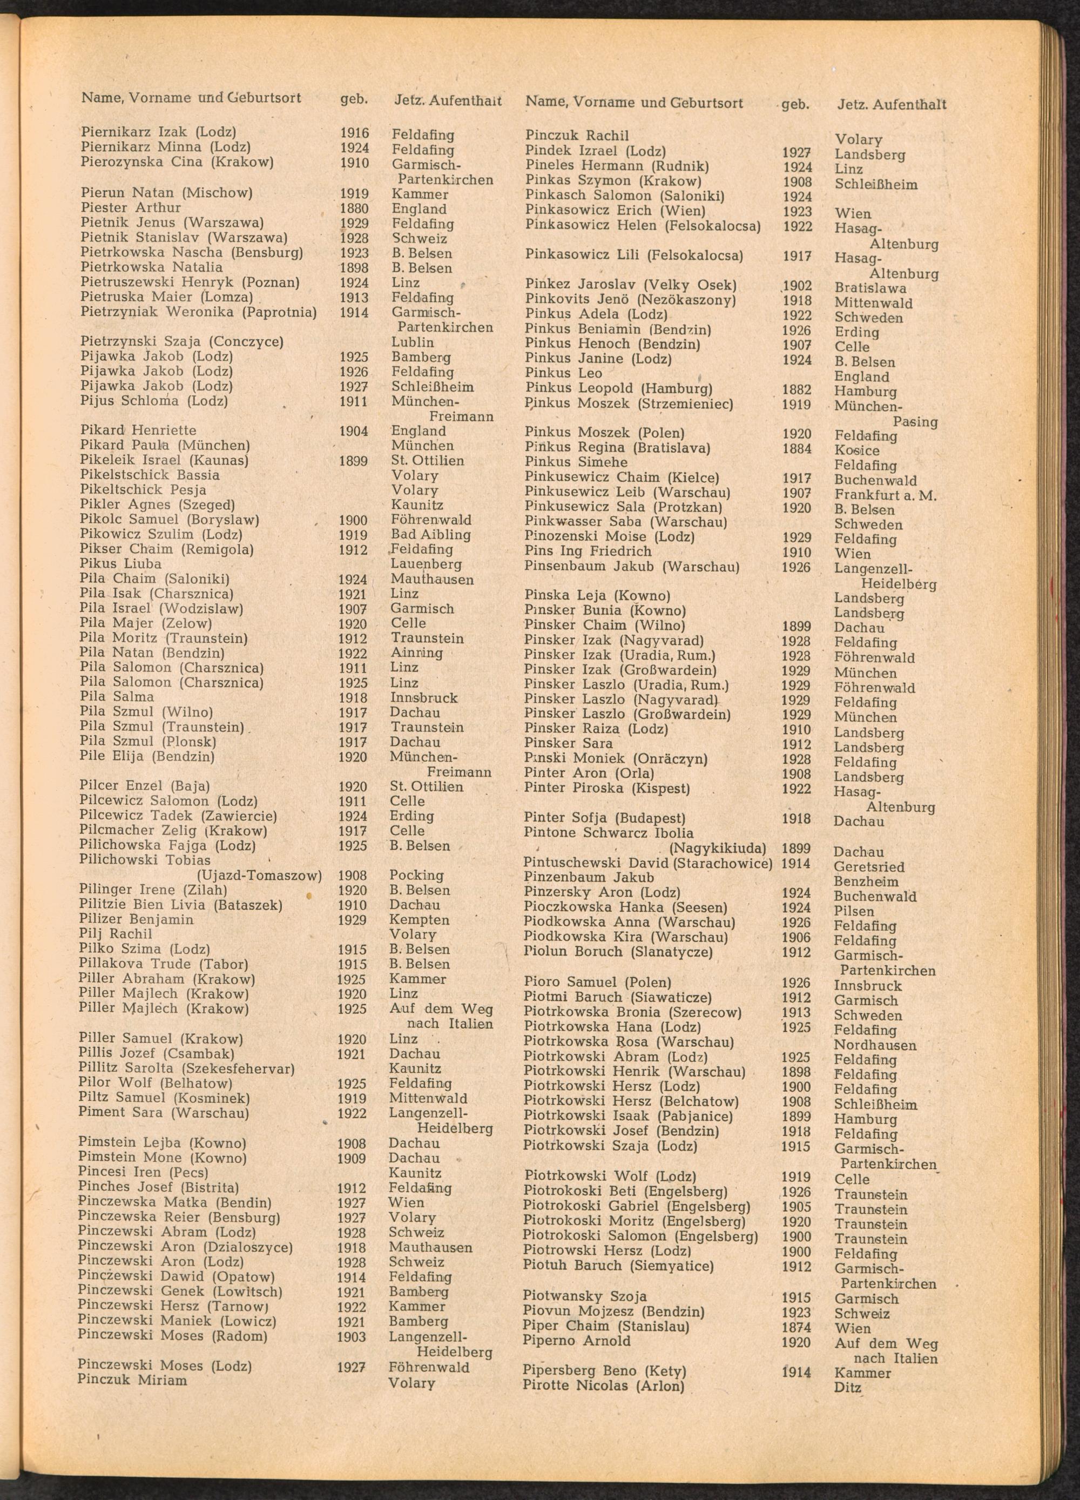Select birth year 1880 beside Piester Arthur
(x=354, y=209)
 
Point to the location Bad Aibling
(x=430, y=534)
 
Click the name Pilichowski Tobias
(x=144, y=860)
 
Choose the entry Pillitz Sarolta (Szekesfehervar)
(x=186, y=1068)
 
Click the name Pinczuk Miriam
(x=132, y=1380)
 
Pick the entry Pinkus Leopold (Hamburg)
(x=618, y=388)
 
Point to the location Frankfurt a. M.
(x=885, y=495)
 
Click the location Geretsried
(x=868, y=866)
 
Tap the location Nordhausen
(x=874, y=1045)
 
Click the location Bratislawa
(x=870, y=288)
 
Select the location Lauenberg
(x=426, y=564)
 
